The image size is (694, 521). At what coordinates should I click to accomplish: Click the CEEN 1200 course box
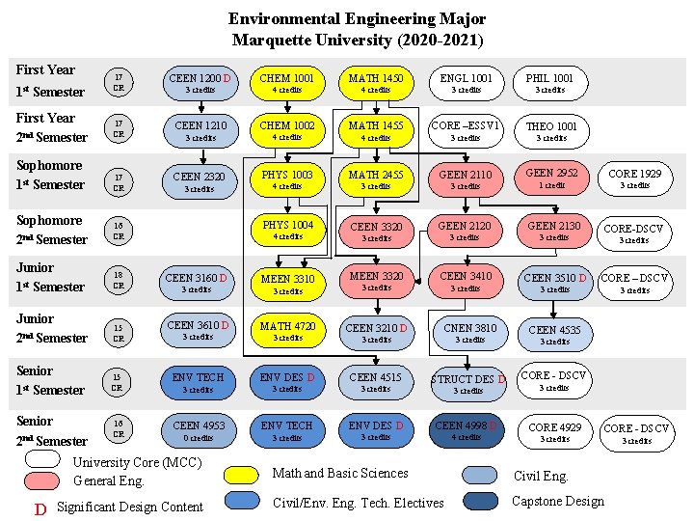200,83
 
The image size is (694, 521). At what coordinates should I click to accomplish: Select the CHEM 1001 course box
287,83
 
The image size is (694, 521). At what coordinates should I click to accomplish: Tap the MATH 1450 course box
376,83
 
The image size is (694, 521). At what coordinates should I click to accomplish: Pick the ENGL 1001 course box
466,83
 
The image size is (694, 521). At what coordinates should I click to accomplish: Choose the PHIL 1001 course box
549,83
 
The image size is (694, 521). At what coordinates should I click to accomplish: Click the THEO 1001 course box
550,130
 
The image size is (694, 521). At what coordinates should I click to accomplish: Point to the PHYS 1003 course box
287,179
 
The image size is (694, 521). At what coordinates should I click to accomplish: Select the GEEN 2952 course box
552,178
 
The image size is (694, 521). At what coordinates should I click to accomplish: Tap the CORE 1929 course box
635,178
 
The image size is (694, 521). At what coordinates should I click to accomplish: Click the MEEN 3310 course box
287,284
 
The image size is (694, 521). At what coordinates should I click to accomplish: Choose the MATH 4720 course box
287,332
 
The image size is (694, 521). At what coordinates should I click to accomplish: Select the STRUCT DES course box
467,383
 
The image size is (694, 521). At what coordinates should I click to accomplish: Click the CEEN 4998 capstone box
466,430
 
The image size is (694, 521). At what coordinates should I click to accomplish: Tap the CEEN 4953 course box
200,430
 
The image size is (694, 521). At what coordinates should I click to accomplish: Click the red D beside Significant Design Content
40,508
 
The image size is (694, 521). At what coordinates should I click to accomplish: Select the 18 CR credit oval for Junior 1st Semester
119,280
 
